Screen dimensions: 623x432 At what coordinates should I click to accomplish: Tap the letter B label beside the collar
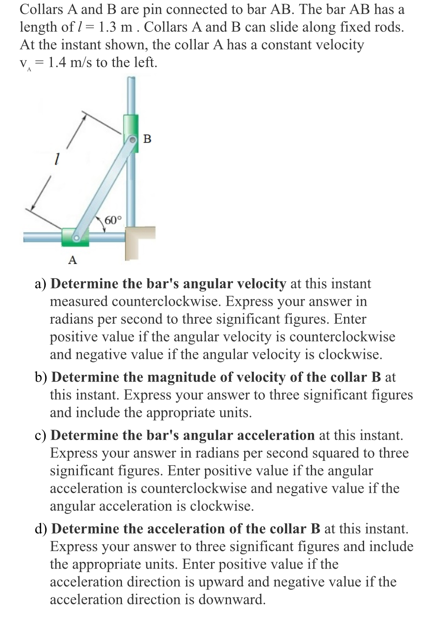pyautogui.click(x=147, y=139)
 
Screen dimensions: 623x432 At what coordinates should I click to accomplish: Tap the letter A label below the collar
pyautogui.click(x=72, y=260)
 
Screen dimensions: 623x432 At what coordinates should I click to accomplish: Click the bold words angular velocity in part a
pyautogui.click(x=235, y=283)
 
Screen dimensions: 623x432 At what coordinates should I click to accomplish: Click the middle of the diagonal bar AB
pyautogui.click(x=104, y=188)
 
